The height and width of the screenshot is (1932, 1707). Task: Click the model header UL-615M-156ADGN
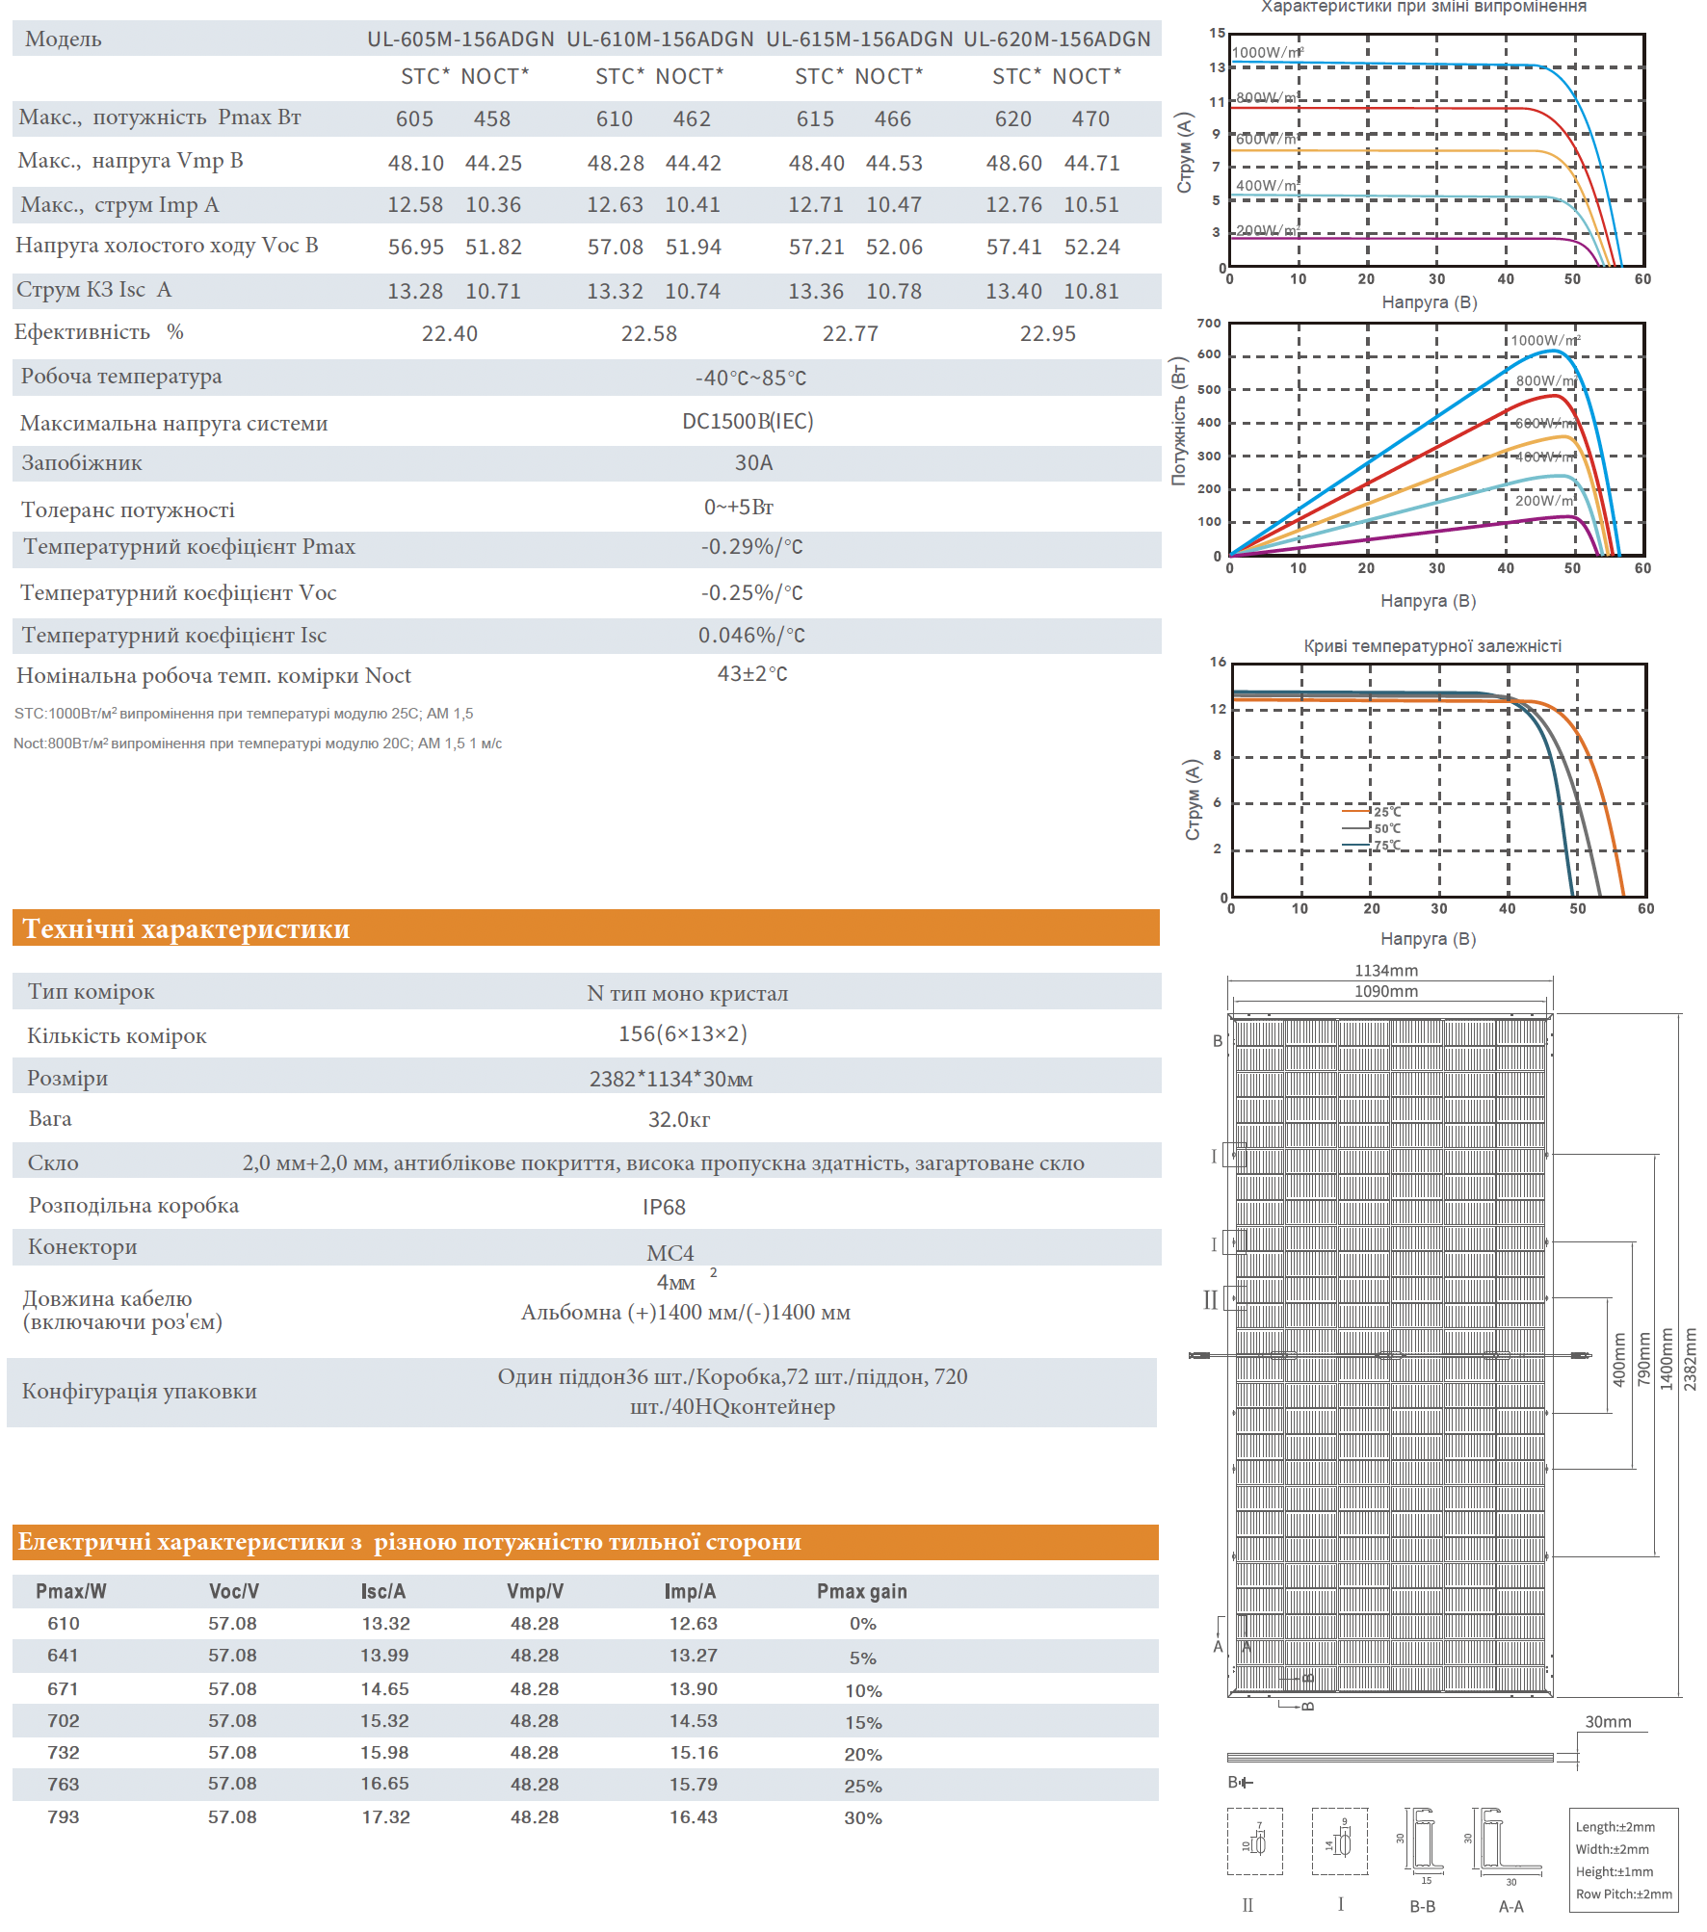click(858, 39)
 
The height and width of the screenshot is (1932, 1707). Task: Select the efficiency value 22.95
click(1047, 334)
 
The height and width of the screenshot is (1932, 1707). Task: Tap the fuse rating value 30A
click(753, 463)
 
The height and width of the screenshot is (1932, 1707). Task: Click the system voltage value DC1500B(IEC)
click(748, 422)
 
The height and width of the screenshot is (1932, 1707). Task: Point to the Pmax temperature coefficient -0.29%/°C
click(751, 547)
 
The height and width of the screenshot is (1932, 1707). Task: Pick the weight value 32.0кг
click(678, 1119)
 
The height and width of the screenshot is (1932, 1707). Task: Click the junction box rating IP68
click(664, 1208)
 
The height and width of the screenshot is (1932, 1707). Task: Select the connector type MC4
click(670, 1253)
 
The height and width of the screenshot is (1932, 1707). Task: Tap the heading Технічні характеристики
click(186, 929)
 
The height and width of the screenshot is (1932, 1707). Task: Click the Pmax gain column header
click(861, 1592)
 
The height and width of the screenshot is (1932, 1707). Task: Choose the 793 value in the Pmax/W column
click(64, 1817)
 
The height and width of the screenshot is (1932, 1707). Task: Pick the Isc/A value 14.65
click(385, 1689)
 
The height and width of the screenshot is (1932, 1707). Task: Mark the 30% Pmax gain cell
click(863, 1818)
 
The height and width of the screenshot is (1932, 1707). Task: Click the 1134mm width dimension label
click(1386, 971)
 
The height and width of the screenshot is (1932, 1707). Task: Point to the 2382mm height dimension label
click(1690, 1359)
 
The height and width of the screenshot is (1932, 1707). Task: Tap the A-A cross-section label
click(1510, 1907)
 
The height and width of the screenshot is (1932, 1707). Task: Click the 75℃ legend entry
click(1387, 846)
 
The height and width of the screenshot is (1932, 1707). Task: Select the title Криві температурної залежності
click(1432, 646)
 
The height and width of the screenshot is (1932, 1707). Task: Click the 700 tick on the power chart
click(1209, 324)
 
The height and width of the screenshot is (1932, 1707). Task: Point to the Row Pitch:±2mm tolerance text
click(1623, 1894)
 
